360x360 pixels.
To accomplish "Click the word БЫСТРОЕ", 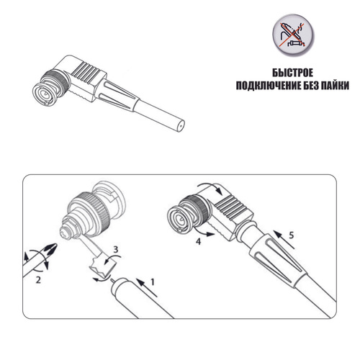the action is [292, 73].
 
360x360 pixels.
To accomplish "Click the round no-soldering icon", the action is [293, 35].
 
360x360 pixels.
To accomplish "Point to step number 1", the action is [152, 282].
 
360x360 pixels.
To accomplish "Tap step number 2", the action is [38, 280].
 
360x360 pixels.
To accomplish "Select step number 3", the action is [116, 249].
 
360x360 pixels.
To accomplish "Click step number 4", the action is [198, 241].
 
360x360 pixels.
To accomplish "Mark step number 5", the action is [292, 235].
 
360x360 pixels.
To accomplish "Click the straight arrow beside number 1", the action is [147, 287].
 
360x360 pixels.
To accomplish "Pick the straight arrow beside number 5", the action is [284, 240].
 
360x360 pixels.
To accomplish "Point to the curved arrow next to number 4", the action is [203, 233].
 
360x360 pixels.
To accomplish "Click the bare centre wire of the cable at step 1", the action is [112, 280].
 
